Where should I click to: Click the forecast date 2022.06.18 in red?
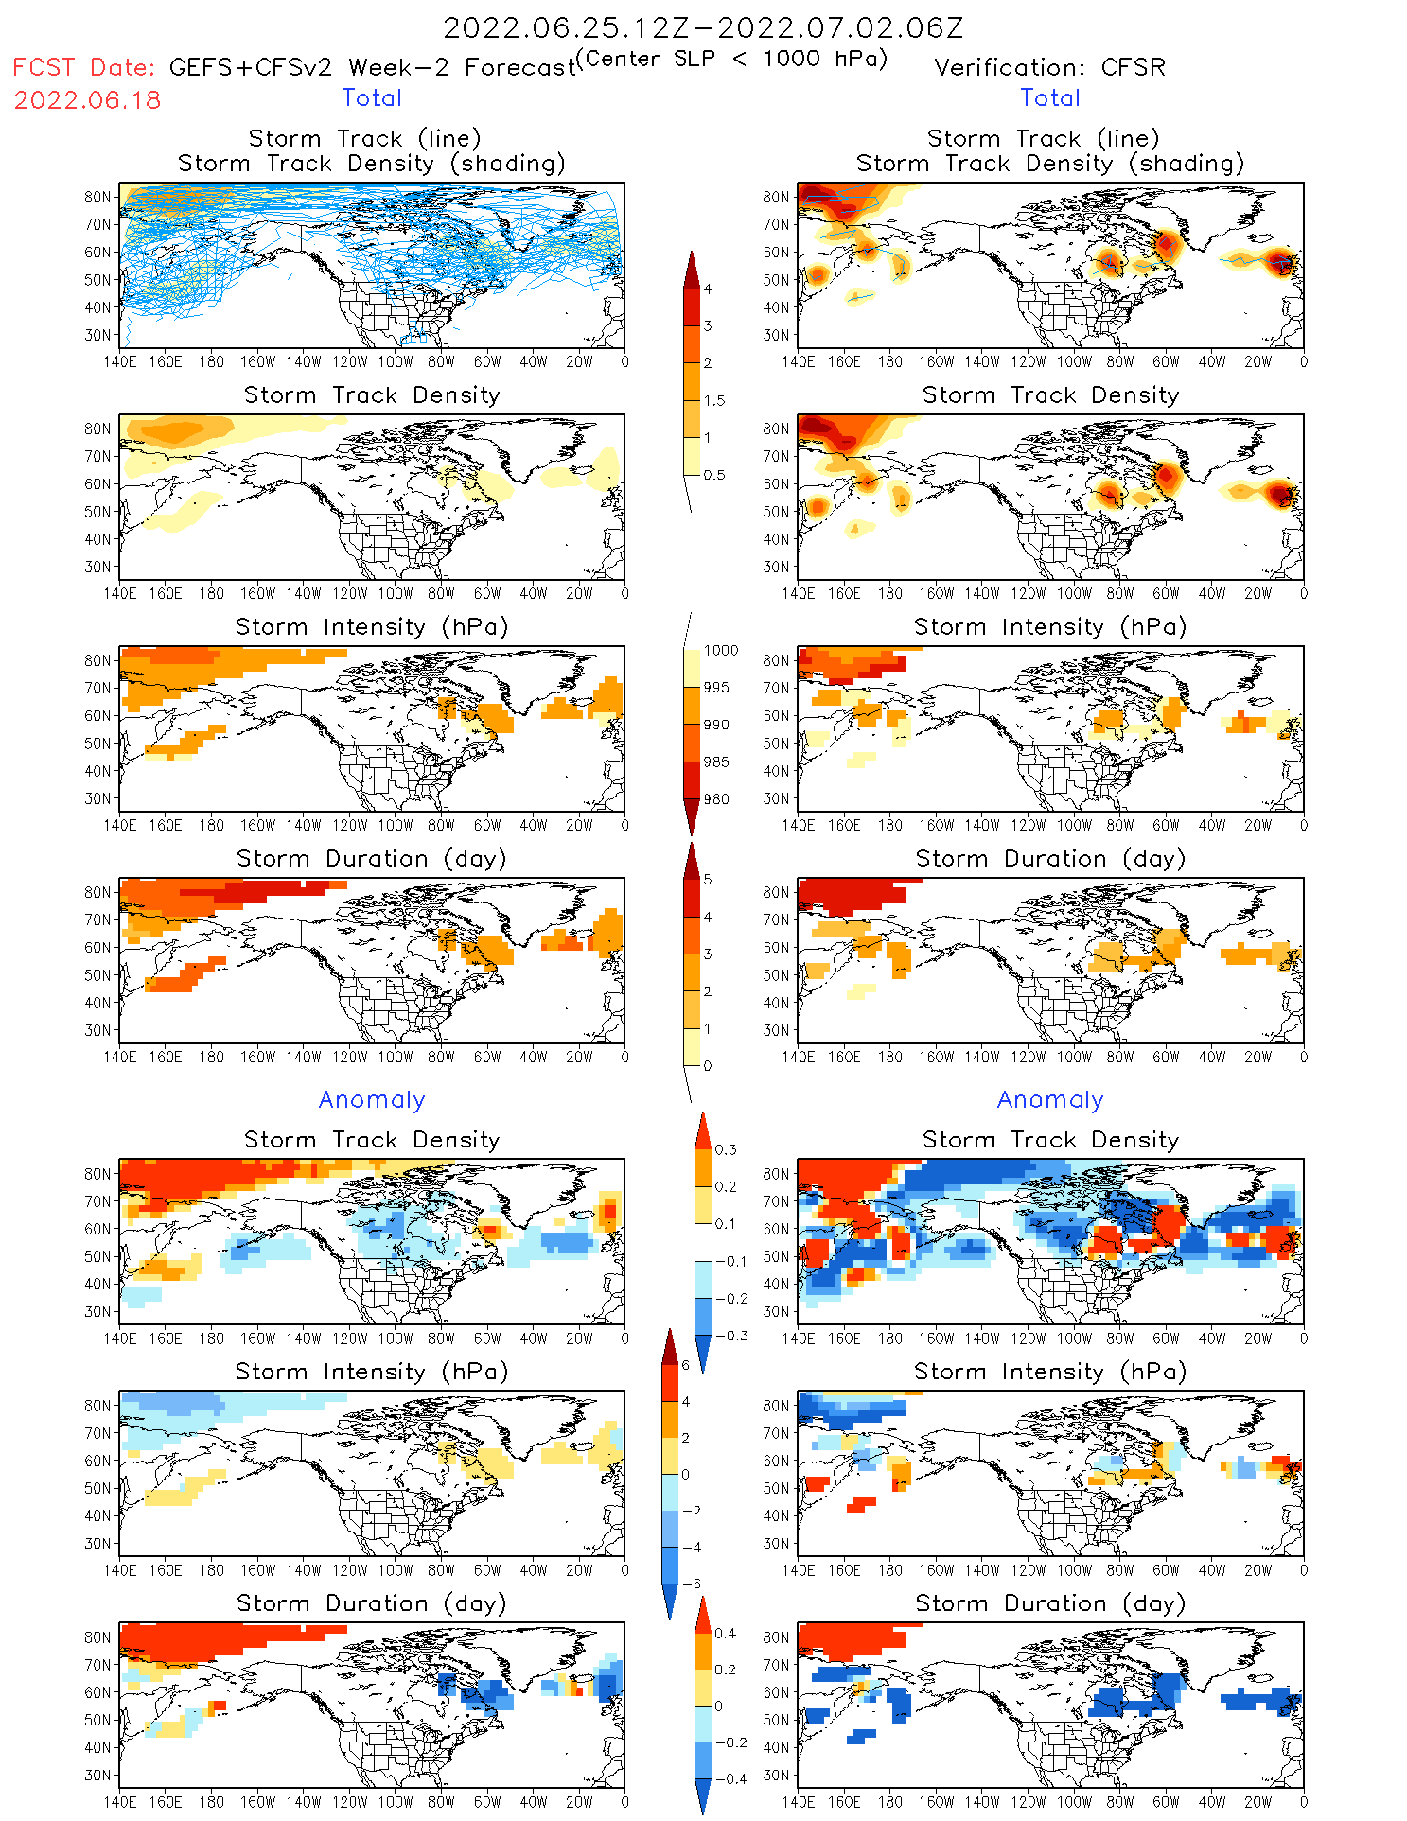[87, 100]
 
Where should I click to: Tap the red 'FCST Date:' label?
[83, 68]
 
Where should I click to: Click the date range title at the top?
[703, 28]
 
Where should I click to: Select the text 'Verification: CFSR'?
[1049, 68]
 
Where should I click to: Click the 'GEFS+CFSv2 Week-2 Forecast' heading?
[372, 68]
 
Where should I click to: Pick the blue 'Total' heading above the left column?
[372, 98]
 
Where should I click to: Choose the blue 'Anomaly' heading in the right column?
[1050, 1100]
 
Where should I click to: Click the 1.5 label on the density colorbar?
[714, 401]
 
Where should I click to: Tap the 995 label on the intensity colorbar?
[716, 688]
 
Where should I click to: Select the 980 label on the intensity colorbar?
[716, 799]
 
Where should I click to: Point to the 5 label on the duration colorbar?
[708, 880]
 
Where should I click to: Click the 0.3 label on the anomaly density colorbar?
[725, 1150]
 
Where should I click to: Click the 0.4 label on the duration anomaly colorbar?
[725, 1634]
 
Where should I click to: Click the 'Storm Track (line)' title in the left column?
[364, 139]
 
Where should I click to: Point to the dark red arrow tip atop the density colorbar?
[692, 260]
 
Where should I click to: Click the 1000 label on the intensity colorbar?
[720, 651]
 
